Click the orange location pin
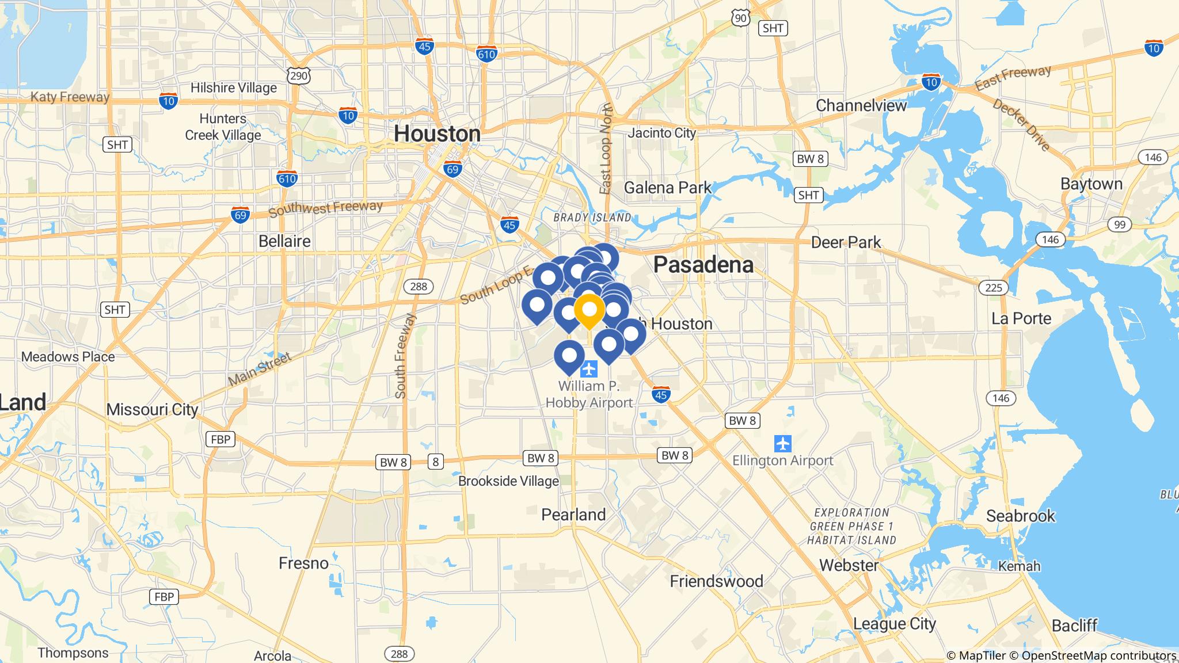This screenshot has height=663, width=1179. coord(589,310)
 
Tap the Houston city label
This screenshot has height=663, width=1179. coord(437,134)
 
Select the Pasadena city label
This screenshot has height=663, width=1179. coord(703,265)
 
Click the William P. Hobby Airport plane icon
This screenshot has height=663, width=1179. coord(589,368)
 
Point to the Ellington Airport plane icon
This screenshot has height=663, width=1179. coord(783,444)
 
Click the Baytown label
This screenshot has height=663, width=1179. coord(1091,184)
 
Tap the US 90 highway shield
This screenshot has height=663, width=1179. coord(741,18)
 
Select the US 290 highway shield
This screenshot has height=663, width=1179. coord(299,75)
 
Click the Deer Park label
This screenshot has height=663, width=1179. coord(846,242)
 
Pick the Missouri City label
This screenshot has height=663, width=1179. coord(153,410)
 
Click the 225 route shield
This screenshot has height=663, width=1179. coord(994,287)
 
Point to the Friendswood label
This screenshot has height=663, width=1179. coord(716,581)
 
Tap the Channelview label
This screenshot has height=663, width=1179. coord(861,106)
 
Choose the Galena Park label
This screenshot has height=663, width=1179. coord(668,188)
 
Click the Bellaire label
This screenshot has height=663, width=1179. coord(284,241)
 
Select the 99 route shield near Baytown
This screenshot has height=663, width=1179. coord(1119,224)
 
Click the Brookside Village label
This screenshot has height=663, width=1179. coord(508,481)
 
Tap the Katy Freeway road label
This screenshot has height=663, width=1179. coord(70,97)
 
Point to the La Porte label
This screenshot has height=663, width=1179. coord(1021,319)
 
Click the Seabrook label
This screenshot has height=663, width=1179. coord(1021,516)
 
